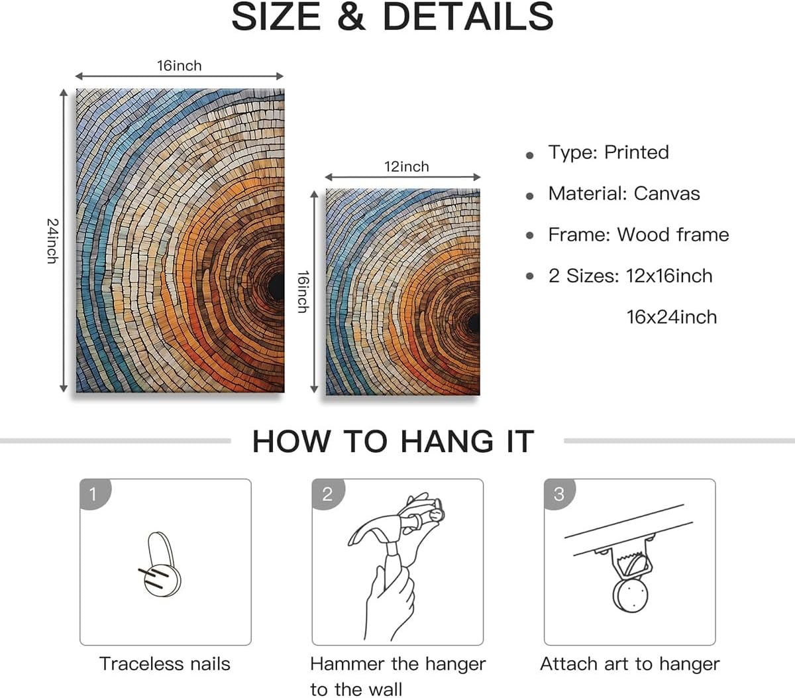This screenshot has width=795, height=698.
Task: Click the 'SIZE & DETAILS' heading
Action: pos(392,17)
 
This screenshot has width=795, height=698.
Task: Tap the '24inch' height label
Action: pos(52,241)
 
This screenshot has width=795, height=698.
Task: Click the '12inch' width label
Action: pos(407,166)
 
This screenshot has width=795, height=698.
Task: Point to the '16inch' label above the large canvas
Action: pos(179,66)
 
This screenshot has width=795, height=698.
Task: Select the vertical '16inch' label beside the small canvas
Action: pos(303,292)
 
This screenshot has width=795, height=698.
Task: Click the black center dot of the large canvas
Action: pos(276,285)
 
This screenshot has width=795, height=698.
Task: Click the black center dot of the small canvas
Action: pos(474,323)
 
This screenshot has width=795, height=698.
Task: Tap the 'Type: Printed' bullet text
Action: pos(608,152)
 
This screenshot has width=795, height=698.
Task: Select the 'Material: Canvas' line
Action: pos(623,194)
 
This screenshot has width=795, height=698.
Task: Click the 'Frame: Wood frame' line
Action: pos(638,235)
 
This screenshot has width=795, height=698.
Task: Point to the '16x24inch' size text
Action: pos(671,317)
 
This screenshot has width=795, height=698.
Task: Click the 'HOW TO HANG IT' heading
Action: pos(393,441)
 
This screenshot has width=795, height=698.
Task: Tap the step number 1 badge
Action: pos(93,494)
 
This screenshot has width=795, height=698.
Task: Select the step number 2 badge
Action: pos(327,494)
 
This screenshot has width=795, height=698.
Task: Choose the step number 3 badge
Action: pos(558,494)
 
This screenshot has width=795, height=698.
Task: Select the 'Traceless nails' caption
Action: pos(165,664)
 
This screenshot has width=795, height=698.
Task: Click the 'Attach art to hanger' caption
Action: pos(629,664)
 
